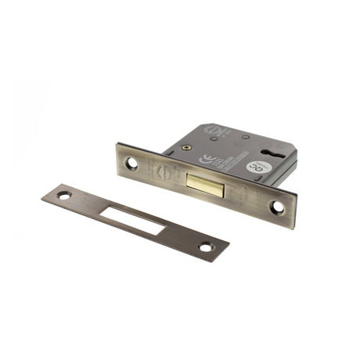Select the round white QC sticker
(256, 167)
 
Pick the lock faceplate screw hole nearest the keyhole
(277, 207)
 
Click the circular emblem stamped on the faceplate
(160, 171)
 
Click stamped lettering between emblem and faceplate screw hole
(146, 167)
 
